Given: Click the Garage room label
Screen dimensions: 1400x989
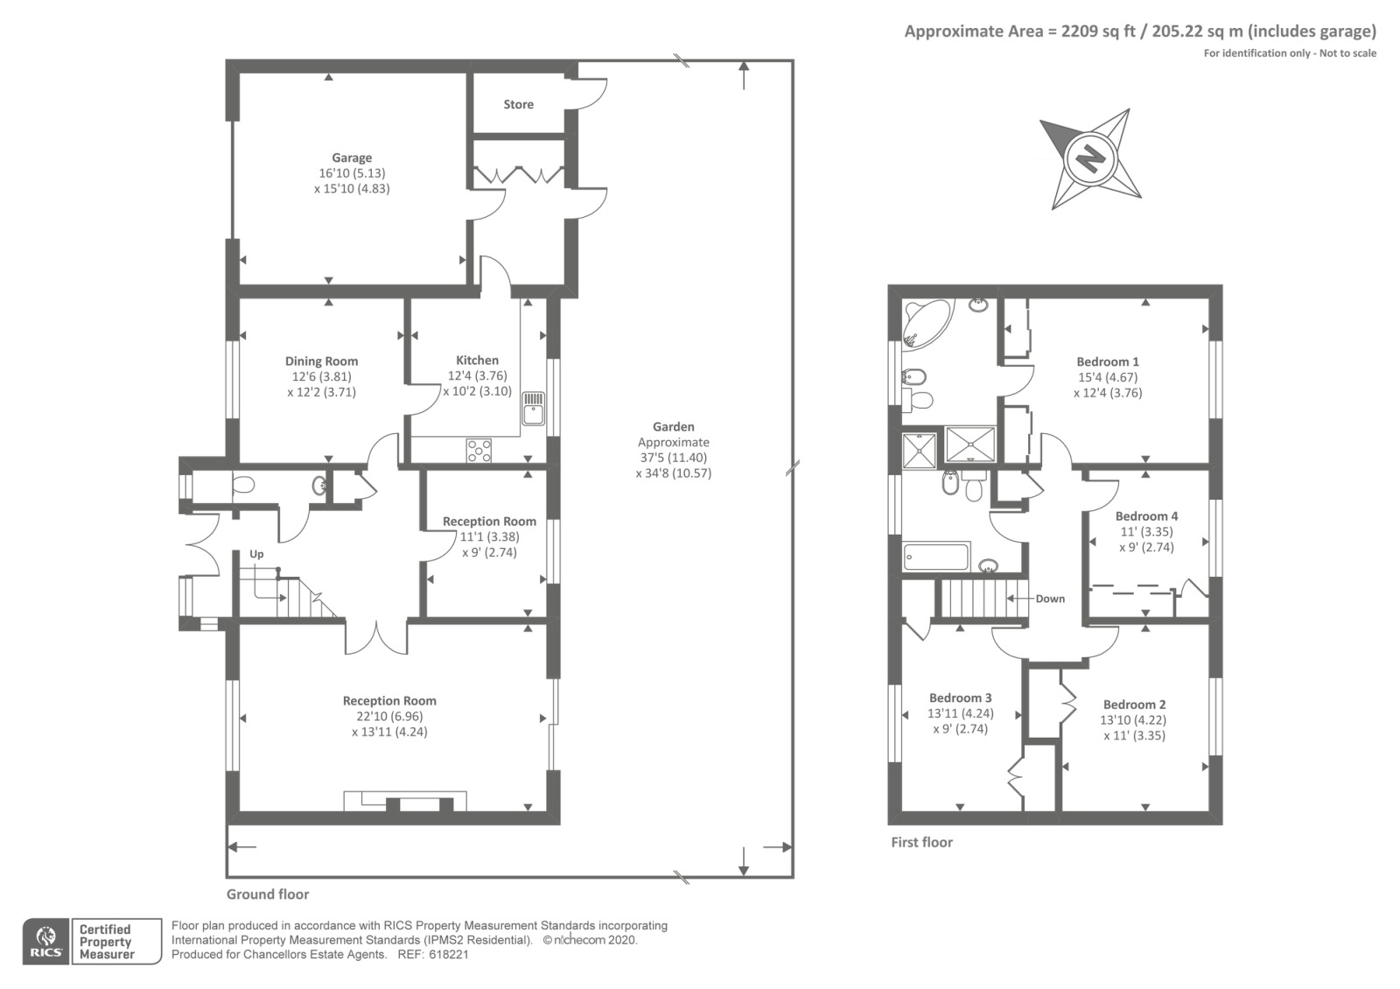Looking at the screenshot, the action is (x=352, y=158).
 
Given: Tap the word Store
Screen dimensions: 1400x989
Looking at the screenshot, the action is (x=519, y=104).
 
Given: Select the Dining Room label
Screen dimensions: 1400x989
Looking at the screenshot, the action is (x=322, y=361).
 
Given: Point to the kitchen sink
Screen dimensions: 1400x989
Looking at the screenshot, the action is (x=533, y=408).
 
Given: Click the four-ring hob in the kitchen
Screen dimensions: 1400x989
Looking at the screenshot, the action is (x=479, y=451).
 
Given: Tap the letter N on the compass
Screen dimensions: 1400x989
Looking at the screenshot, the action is (x=1091, y=158).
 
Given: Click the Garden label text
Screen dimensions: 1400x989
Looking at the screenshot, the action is (x=674, y=427).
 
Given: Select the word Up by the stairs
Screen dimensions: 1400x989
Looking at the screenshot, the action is (x=257, y=555).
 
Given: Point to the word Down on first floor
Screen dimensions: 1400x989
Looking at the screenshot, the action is (x=1050, y=599).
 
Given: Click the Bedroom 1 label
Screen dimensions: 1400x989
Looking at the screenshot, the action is (x=1108, y=362).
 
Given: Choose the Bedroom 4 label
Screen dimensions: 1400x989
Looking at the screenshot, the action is (x=1147, y=516).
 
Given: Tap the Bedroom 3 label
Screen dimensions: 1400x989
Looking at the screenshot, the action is (x=961, y=698).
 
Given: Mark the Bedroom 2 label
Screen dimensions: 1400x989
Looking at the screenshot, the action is (x=1134, y=705).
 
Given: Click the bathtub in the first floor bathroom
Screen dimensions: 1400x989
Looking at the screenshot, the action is (x=936, y=557).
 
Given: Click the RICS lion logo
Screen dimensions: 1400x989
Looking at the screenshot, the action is (x=46, y=942).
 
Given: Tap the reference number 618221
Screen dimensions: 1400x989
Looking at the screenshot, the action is (x=449, y=955).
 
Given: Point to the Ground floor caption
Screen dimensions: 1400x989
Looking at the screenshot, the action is (x=268, y=894).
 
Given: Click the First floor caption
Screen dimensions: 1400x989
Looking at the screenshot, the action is (x=922, y=843).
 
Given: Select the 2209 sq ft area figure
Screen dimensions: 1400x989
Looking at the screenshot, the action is (x=1098, y=32).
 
